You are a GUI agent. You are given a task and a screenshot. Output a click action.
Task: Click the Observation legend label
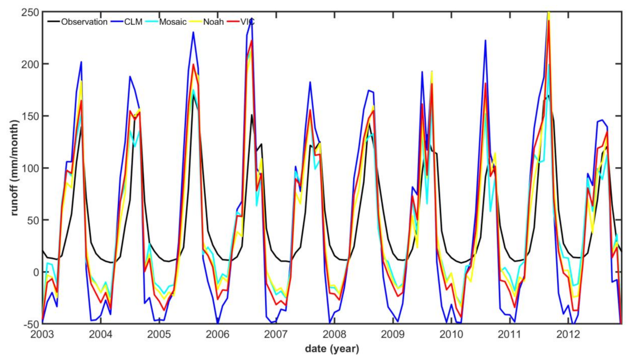[84, 22]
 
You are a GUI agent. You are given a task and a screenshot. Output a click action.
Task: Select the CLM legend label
[133, 22]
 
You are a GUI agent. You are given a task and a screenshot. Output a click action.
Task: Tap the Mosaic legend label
[173, 22]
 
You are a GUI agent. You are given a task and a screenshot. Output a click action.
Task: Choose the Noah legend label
[213, 22]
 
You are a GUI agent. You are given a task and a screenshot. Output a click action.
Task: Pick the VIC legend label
[247, 22]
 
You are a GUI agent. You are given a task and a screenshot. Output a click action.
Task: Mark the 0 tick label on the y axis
[36, 272]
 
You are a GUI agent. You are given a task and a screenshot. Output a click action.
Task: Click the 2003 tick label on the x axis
[42, 335]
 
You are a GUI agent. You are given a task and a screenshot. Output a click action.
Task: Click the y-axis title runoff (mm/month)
[15, 168]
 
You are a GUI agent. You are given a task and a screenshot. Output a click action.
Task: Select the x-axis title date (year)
[332, 349]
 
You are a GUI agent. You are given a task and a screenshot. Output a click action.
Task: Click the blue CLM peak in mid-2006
[252, 18]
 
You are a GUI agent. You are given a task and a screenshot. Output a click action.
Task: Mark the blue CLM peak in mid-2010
[485, 40]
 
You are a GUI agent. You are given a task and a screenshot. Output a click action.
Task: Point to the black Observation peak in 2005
[194, 95]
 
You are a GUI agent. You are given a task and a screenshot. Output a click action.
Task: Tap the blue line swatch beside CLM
[116, 22]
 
